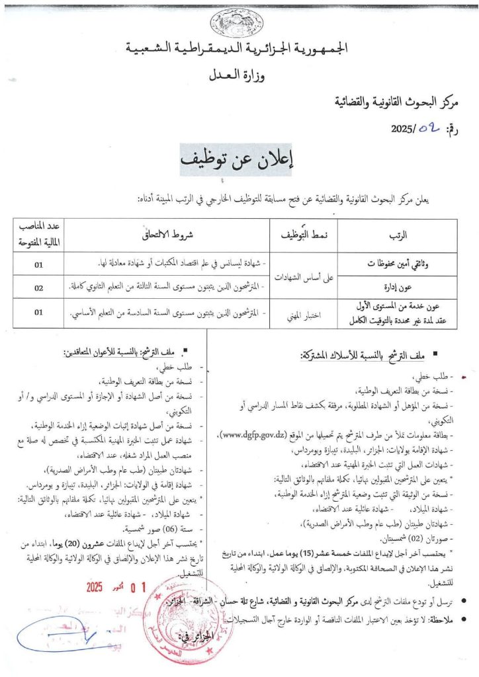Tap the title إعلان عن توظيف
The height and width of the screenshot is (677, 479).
239,161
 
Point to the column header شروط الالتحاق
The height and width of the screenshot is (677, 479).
170,235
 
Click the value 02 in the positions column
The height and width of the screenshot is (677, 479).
38,288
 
